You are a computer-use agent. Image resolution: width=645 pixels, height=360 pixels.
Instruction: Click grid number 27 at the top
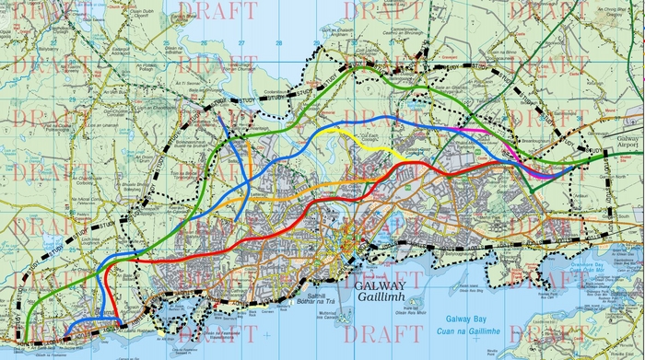(240, 42)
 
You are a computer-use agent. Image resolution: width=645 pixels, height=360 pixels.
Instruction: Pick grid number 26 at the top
(170, 42)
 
